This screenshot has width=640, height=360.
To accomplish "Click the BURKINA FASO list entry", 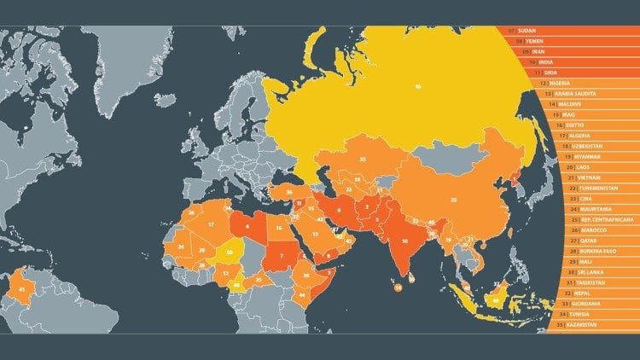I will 589,251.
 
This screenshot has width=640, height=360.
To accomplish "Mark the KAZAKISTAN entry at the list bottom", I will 584,324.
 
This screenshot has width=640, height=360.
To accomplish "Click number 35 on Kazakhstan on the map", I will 363,159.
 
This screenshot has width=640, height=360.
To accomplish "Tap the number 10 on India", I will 404,241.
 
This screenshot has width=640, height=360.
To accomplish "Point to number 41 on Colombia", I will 20,290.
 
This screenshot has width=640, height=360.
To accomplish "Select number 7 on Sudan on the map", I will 281,256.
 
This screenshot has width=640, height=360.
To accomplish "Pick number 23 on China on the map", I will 454,199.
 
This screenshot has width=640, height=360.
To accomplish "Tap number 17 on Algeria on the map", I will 210,224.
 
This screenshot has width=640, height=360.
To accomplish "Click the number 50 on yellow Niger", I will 230,253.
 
